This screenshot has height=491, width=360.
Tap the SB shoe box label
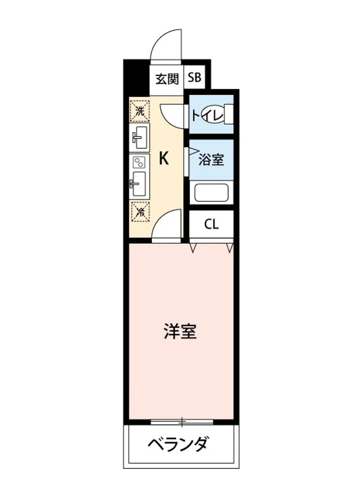tap(195, 78)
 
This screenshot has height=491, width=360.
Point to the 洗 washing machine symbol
tap(140, 110)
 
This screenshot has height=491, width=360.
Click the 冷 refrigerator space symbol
tap(140, 212)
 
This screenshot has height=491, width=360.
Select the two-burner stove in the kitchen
tap(139, 162)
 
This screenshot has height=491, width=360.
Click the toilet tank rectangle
tap(229, 114)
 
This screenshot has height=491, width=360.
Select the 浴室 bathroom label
tap(211, 159)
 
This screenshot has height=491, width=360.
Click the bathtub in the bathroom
tap(211, 192)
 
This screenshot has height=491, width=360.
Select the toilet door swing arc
tap(171, 116)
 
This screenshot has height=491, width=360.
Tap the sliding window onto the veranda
tap(182, 421)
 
